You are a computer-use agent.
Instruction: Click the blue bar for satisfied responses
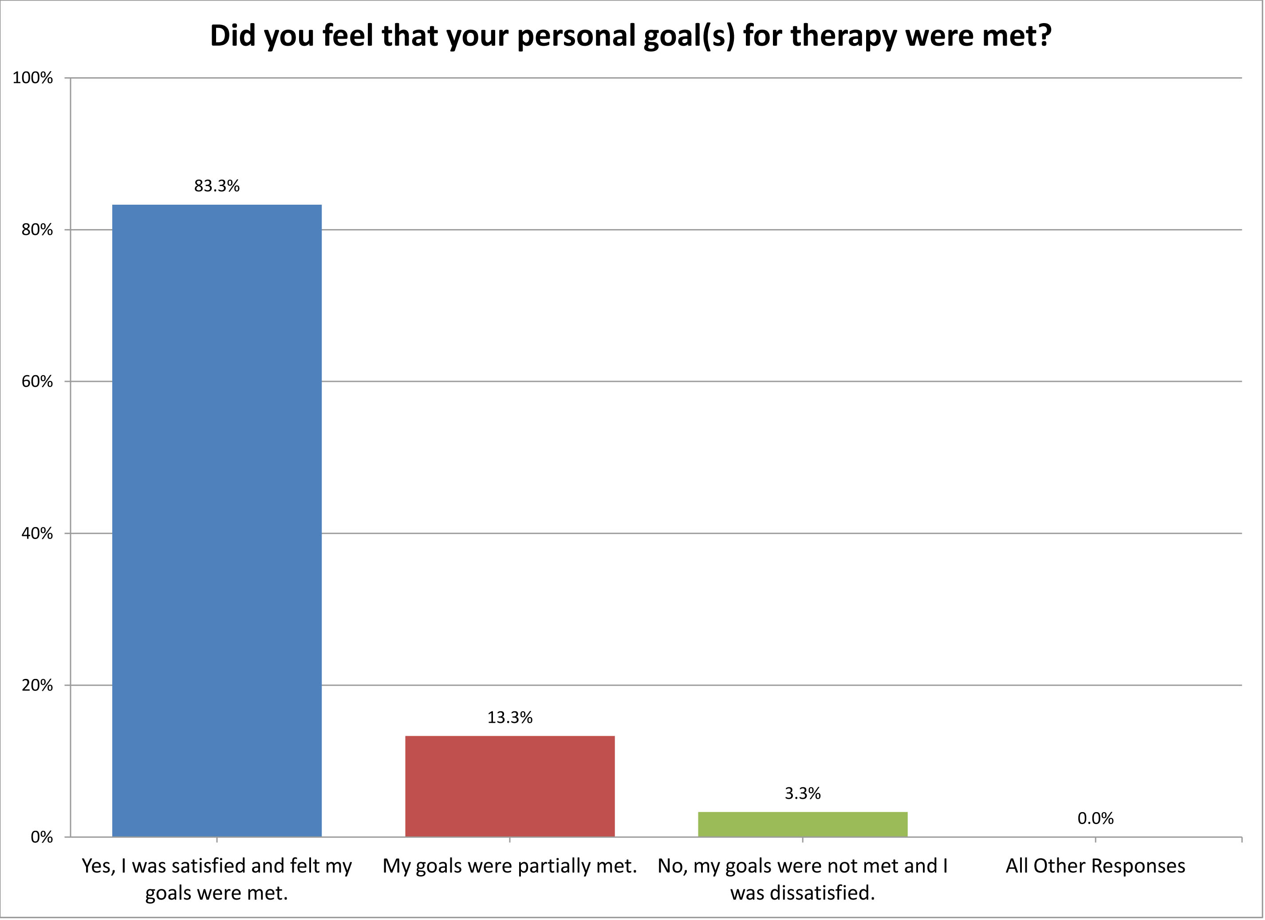coord(217,520)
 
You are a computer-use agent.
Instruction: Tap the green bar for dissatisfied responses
coord(802,824)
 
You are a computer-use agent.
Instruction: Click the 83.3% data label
coord(217,186)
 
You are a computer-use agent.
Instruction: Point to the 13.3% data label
coord(509,718)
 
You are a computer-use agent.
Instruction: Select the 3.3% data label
coord(802,793)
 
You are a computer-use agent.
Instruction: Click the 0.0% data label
coord(1095,818)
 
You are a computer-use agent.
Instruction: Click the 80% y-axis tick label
coord(37,230)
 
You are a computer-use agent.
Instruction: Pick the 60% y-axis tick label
coord(37,381)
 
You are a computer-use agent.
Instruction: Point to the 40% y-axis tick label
coord(37,533)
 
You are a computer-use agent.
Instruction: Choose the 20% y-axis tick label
coord(37,685)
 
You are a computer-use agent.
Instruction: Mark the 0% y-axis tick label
coord(41,837)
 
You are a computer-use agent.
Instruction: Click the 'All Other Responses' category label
coord(1095,866)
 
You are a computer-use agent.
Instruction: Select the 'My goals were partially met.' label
coord(509,866)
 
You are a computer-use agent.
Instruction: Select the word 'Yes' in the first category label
coord(96,866)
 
